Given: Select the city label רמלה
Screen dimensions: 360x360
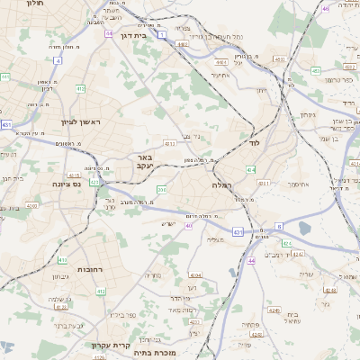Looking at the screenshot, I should (222, 184).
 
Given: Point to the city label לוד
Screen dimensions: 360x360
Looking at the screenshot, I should (254, 143).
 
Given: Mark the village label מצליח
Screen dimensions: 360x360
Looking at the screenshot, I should (214, 239).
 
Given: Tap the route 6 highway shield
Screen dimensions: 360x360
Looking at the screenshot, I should (278, 226).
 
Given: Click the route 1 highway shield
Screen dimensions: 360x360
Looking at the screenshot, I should (161, 34).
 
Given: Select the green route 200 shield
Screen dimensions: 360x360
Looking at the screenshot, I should (162, 189).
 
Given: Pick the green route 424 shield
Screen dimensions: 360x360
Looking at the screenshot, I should (286, 243).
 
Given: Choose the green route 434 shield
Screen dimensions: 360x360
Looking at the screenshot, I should (250, 169).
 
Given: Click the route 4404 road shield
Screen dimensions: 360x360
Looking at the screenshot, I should (220, 62).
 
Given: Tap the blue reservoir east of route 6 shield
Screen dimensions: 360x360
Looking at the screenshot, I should (304, 229).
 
